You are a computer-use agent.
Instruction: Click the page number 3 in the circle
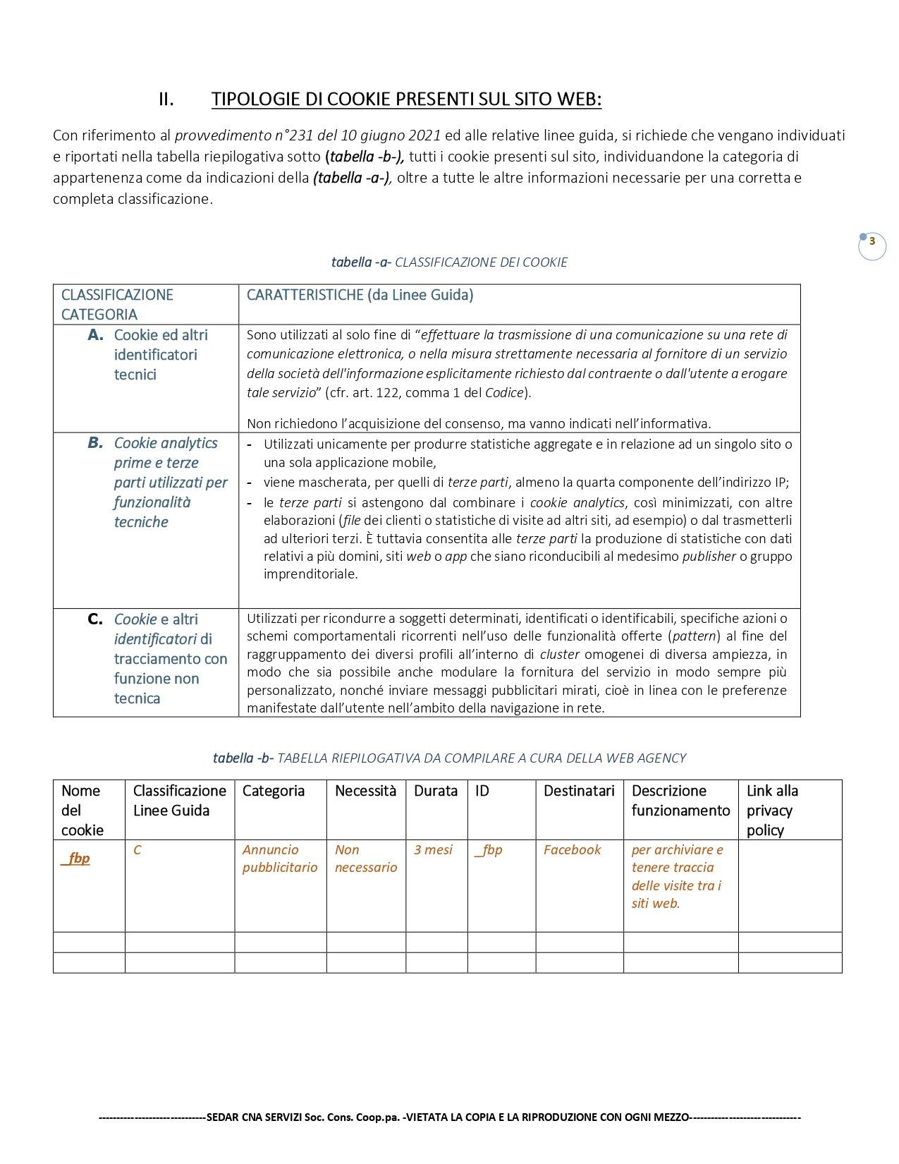click(x=872, y=242)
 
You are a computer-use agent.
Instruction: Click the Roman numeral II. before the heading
click(x=166, y=99)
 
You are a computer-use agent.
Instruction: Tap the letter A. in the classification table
click(x=96, y=335)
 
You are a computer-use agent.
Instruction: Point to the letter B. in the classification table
click(x=96, y=443)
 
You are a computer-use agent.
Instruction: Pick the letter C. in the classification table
click(x=96, y=619)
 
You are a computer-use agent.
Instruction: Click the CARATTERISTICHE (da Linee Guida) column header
click(x=360, y=295)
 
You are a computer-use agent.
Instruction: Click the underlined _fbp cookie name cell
click(x=75, y=859)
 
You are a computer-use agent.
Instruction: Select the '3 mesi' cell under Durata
click(x=433, y=850)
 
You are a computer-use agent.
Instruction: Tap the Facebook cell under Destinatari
click(x=572, y=850)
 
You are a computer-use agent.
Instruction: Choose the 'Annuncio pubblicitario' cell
click(x=280, y=859)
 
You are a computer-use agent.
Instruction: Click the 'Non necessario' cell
click(x=366, y=859)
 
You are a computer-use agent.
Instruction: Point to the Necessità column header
click(x=365, y=791)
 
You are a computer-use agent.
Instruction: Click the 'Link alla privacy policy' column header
click(x=772, y=810)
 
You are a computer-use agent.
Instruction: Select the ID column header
click(x=482, y=791)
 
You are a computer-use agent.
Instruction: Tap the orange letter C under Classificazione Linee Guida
click(x=137, y=850)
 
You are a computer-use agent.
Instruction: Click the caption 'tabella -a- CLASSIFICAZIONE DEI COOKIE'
click(x=449, y=262)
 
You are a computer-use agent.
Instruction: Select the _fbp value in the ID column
click(x=489, y=850)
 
